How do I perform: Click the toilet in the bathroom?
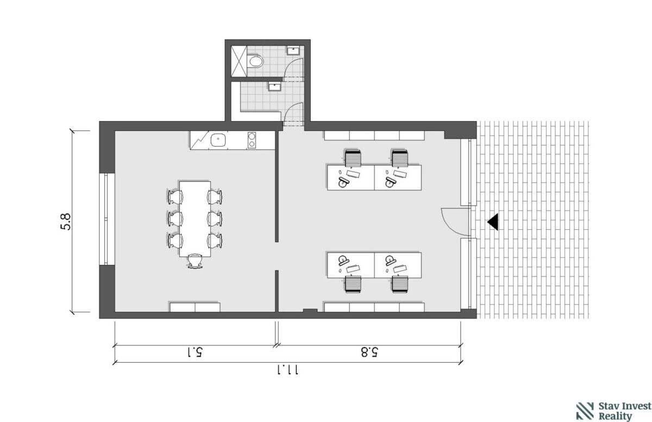tap(255, 61)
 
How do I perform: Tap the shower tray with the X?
tap(239, 61)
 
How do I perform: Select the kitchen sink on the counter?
tap(218, 140)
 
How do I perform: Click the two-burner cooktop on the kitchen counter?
tap(252, 140)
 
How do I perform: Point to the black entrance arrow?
tap(493, 222)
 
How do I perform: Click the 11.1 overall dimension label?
tap(287, 370)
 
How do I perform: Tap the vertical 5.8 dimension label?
tap(66, 222)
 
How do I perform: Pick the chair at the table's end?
tap(195, 261)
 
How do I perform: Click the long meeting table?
tap(195, 219)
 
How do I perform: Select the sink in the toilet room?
tap(293, 51)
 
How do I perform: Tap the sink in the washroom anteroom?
tap(274, 86)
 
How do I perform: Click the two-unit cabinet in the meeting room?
tap(195, 307)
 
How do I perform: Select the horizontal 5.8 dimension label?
tap(369, 352)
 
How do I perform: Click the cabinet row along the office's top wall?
tap(374, 136)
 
